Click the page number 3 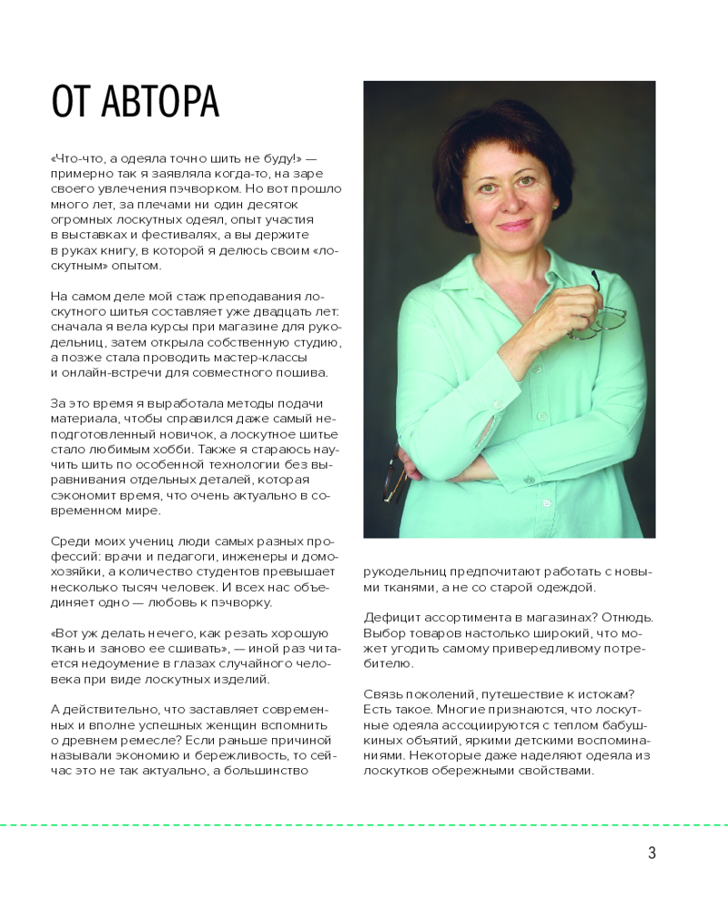click(652, 853)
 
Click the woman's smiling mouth click(515, 225)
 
